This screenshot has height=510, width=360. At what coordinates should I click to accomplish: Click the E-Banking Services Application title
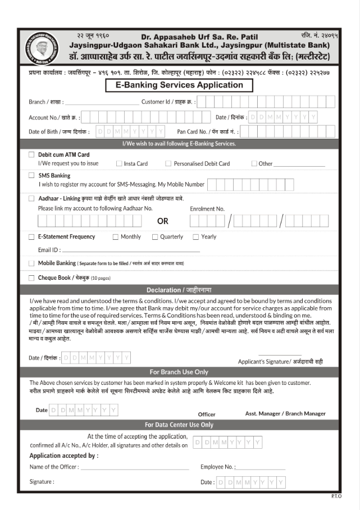180,85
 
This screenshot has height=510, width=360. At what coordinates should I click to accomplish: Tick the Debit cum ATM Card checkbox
32,154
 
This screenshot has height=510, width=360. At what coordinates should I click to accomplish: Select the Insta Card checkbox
119,163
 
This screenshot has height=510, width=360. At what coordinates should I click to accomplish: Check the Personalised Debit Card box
168,163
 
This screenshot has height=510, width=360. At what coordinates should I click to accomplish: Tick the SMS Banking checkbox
32,175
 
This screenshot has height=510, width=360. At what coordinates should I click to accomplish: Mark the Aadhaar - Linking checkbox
32,198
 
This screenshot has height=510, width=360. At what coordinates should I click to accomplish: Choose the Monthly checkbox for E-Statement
116,237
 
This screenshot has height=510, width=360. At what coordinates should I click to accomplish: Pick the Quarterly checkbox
155,237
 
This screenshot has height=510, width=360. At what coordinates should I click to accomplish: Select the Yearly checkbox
196,237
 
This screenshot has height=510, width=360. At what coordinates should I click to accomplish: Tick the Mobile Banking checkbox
32,263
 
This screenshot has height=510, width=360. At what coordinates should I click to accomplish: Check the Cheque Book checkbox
32,277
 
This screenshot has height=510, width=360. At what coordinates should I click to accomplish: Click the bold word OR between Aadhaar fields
163,221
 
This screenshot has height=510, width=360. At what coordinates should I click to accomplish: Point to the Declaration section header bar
180,290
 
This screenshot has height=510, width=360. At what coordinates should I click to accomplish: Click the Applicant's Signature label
280,362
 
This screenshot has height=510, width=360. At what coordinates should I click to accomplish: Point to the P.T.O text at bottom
336,497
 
